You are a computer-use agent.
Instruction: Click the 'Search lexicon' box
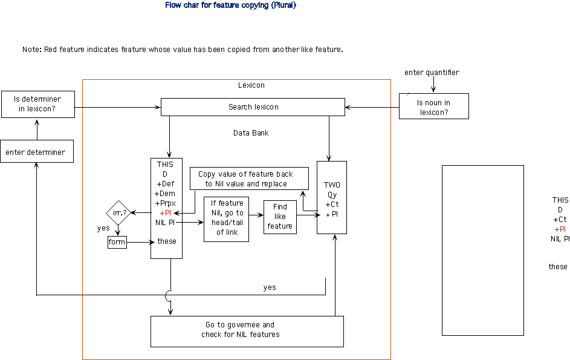[253, 107]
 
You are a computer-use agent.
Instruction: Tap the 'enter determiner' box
[37, 152]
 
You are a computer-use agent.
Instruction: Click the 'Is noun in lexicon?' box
[433, 107]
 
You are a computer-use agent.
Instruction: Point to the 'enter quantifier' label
[432, 73]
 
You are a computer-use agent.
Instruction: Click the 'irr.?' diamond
[117, 213]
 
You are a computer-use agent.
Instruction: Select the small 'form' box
[117, 242]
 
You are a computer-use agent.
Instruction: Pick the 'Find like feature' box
[280, 217]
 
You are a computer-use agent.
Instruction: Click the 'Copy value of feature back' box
[249, 178]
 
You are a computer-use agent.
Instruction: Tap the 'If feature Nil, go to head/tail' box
[226, 218]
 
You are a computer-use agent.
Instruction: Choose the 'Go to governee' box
[247, 330]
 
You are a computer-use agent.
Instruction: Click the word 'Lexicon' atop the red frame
[251, 85]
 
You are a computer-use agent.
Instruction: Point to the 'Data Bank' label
[251, 133]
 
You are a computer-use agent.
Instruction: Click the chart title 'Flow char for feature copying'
[230, 5]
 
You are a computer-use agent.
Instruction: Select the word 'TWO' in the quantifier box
[332, 185]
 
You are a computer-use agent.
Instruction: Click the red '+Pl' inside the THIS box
[166, 213]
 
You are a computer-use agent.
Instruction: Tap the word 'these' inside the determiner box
[167, 241]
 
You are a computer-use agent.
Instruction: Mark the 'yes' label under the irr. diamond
[103, 229]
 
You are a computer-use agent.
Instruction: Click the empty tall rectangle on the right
[482, 250]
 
